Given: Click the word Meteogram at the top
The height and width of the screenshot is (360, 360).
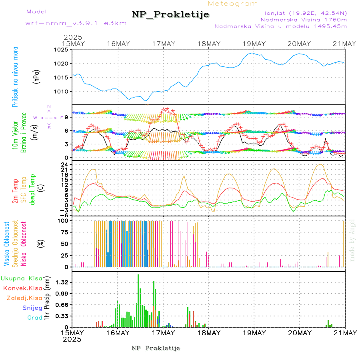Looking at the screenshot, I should [233, 4].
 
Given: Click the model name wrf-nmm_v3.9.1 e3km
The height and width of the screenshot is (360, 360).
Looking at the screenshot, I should [76, 23].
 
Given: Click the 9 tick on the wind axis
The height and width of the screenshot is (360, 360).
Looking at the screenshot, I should [68, 117].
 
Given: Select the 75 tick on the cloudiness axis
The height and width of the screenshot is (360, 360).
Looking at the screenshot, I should [64, 232].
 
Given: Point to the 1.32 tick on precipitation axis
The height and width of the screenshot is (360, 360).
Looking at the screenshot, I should [62, 282].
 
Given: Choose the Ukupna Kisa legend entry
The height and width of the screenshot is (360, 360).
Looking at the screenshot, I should [22, 278].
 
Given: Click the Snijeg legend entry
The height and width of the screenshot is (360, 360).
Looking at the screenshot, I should [32, 308].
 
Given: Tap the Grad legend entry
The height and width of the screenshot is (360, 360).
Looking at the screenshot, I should [35, 318].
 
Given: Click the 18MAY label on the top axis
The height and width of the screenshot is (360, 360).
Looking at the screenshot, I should [208, 44].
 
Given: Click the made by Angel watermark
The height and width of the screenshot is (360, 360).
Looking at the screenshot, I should [352, 239].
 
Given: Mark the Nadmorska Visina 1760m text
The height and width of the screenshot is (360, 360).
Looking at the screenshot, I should [304, 19].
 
